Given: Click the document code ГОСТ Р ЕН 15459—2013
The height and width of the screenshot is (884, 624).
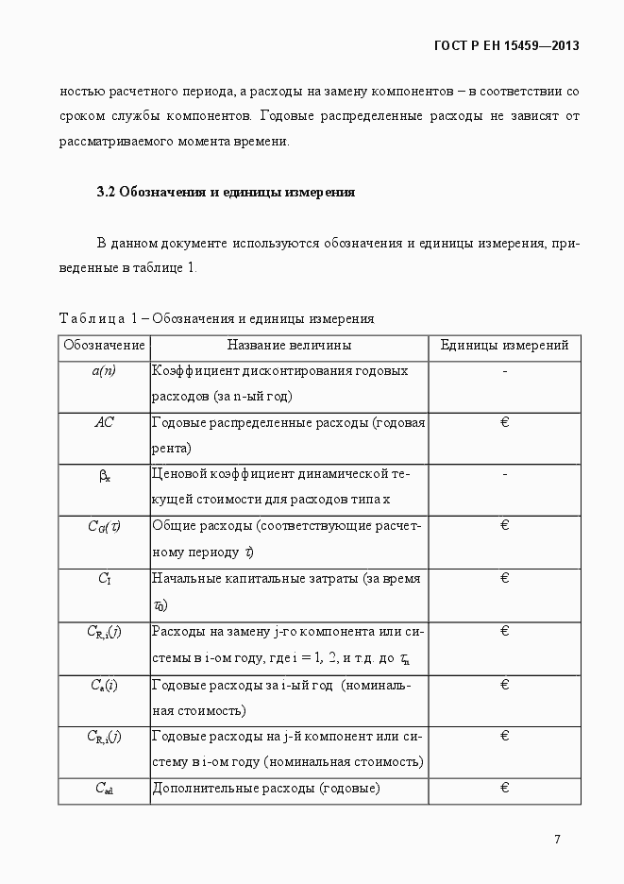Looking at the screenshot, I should (x=506, y=44).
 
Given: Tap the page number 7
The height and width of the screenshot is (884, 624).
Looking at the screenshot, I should (x=557, y=839).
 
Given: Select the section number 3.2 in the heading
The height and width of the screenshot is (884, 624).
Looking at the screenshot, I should (x=106, y=192).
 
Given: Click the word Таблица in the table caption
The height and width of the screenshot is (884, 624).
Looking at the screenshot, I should (x=89, y=318).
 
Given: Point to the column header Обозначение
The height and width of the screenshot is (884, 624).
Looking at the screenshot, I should (x=104, y=346).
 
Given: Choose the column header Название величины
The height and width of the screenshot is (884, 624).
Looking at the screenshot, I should (x=289, y=346).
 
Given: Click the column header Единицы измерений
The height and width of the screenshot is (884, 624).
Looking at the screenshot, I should (x=504, y=346).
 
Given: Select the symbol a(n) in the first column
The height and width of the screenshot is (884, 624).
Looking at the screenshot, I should (x=104, y=371).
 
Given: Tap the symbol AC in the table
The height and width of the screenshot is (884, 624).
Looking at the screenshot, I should (x=104, y=422).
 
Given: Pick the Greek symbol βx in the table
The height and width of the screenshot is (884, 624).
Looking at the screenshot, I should (x=104, y=476).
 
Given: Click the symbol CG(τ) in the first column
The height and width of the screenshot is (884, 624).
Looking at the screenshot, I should (x=104, y=527).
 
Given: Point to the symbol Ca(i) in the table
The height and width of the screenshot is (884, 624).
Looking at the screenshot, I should (x=104, y=684).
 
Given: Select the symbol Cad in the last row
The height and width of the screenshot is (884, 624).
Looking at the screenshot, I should (x=103, y=789).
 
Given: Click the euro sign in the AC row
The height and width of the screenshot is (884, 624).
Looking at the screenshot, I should (x=505, y=422).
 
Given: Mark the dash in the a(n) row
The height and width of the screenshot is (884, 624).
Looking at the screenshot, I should (x=505, y=371).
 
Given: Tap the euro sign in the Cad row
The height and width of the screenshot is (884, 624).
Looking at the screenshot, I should (x=505, y=788).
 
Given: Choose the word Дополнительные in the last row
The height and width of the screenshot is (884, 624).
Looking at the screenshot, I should (x=198, y=788).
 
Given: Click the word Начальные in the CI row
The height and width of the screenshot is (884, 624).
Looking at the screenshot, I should (x=185, y=578).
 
